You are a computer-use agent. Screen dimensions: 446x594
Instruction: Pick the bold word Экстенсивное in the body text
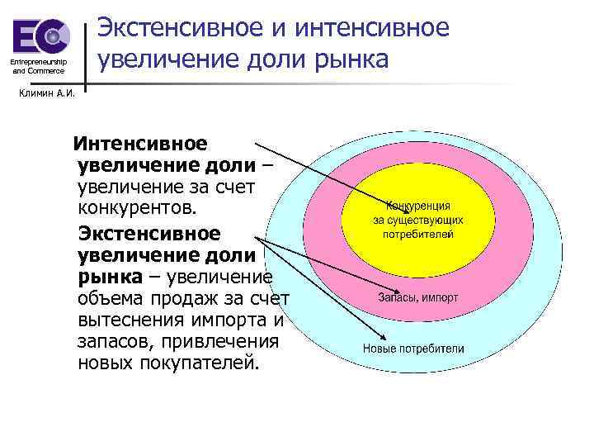coord(149,234)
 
